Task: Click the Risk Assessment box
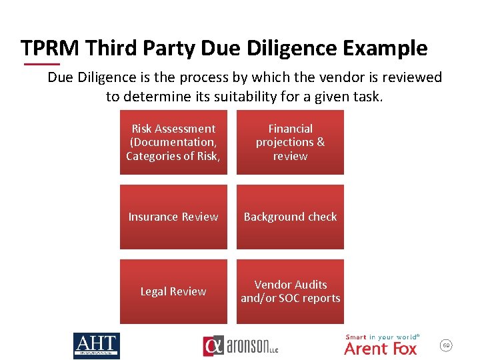(x=173, y=143)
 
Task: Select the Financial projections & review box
(x=290, y=143)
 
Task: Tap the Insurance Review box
(x=173, y=217)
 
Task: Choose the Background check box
(x=290, y=217)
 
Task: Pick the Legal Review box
(x=173, y=291)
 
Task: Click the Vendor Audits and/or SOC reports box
(x=290, y=291)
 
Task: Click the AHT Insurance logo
(x=97, y=345)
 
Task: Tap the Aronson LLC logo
(x=241, y=346)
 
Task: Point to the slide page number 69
(x=447, y=345)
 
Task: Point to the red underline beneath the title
(x=41, y=64)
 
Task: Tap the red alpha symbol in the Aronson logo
(x=213, y=346)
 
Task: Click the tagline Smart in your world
(x=381, y=337)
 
